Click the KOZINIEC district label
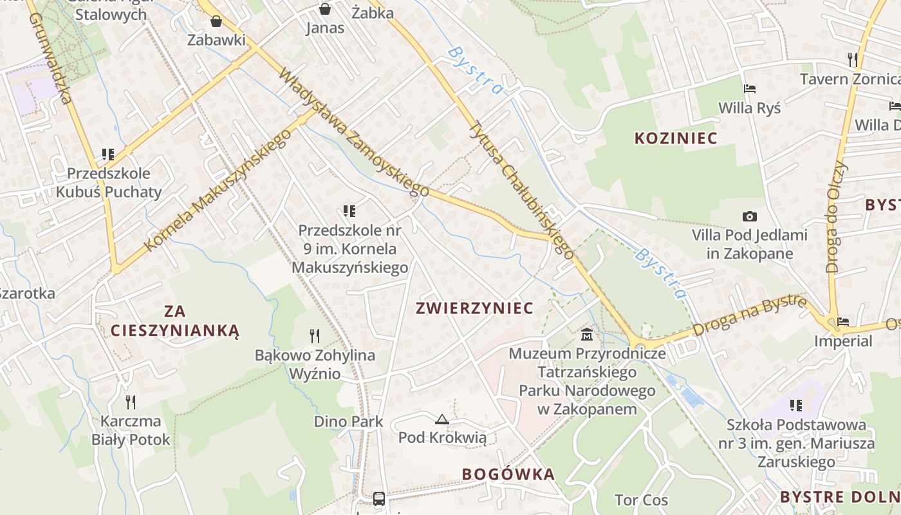pos(676,138)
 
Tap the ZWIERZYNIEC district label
pos(475,308)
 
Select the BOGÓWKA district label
pos(508,474)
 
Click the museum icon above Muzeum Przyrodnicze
pos(587,335)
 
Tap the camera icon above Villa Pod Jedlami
pos(749,217)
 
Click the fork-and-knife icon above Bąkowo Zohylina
pos(315,335)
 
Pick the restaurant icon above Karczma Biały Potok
pos(131,402)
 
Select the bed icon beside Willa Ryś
pos(749,89)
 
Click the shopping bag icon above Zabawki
pos(216,22)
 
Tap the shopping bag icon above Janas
pos(325,9)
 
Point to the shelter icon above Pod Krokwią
pos(441,420)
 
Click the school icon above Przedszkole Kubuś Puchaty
pos(108,154)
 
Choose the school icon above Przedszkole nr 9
pos(349,211)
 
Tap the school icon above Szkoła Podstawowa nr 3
pos(796,405)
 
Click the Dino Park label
pos(348,422)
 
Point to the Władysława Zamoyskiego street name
pos(353,131)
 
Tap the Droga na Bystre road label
pos(750,316)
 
